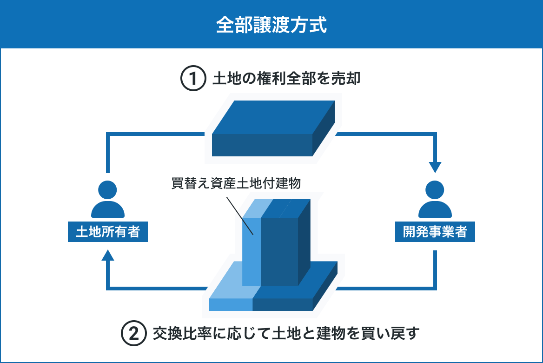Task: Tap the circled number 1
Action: tap(193, 79)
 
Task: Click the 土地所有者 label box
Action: tap(108, 232)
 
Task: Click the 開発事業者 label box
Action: tap(435, 232)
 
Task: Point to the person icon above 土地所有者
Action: tap(108, 200)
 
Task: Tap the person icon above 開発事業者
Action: tap(435, 200)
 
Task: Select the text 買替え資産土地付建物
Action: tap(236, 183)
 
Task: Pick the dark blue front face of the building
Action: tap(279, 251)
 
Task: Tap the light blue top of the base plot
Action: tap(232, 282)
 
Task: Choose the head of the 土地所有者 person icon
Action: tap(108, 190)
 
